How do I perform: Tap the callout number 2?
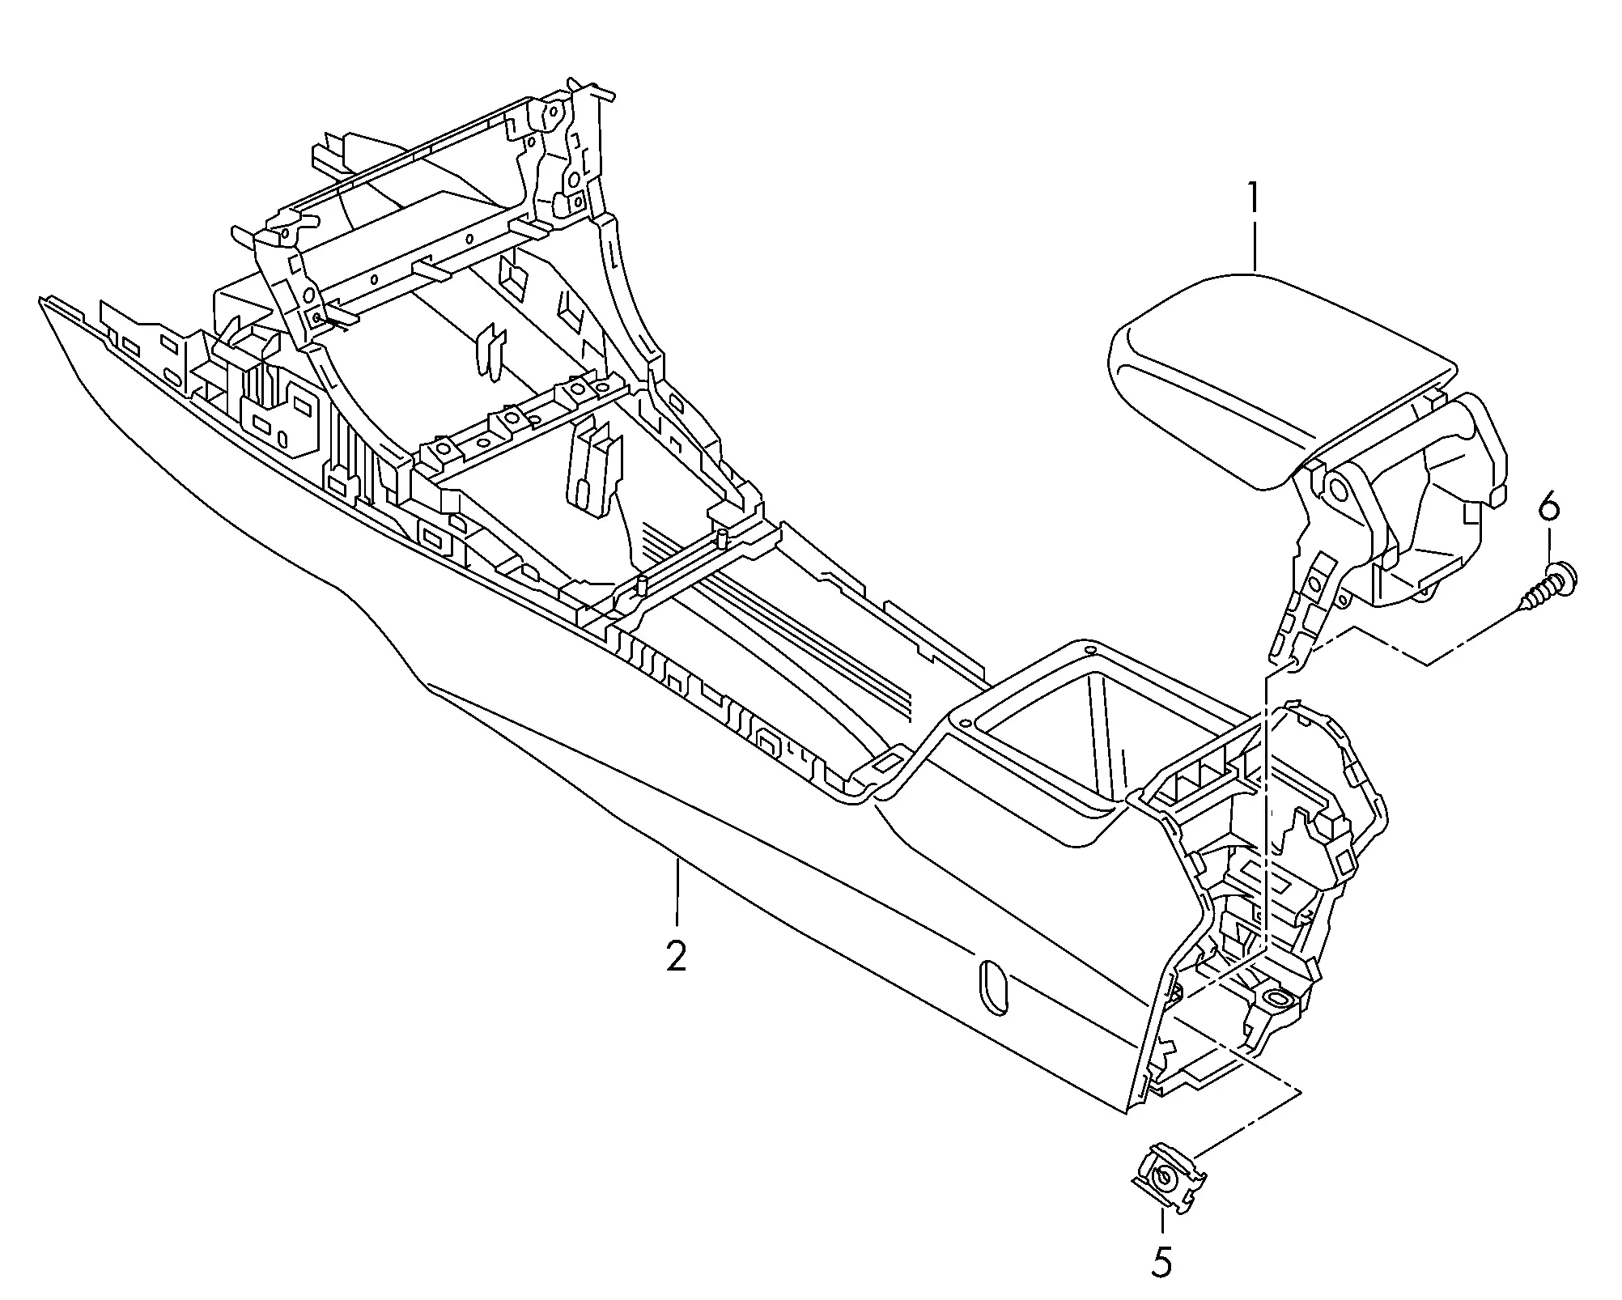pos(676,957)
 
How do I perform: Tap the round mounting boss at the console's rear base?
pos(1276,998)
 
